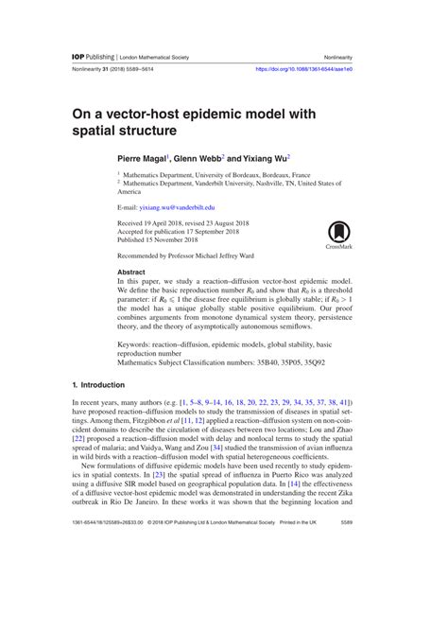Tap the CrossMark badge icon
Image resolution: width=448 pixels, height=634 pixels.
click(337, 234)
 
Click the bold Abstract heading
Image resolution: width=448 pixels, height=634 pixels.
click(133, 272)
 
